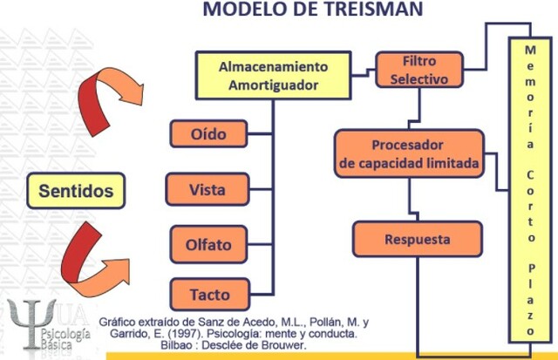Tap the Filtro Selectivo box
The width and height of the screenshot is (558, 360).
tap(419, 70)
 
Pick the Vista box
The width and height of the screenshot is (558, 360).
tap(209, 188)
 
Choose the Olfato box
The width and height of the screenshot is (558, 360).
tap(209, 244)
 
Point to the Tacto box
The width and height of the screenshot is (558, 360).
tap(209, 293)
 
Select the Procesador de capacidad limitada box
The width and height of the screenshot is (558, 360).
tap(408, 153)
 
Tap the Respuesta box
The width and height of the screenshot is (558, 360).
tap(417, 238)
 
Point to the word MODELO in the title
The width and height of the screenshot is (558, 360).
tap(241, 10)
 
